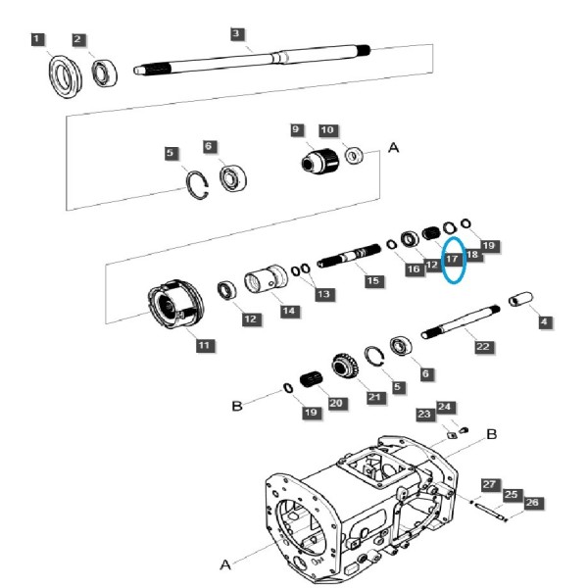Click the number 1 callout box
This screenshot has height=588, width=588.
click(x=37, y=39)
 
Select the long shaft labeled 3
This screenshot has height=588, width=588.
click(x=252, y=60)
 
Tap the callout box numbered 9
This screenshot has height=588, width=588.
click(x=296, y=129)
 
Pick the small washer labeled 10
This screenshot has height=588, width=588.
click(x=354, y=155)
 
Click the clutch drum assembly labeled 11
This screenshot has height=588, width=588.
click(x=175, y=303)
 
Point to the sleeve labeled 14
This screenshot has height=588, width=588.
click(x=266, y=279)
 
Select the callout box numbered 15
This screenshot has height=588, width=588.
click(x=373, y=281)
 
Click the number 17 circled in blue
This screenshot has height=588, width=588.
click(x=453, y=259)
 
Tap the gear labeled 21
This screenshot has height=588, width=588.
click(x=345, y=365)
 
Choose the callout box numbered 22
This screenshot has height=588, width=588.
click(x=483, y=347)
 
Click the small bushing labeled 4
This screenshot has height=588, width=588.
click(x=520, y=299)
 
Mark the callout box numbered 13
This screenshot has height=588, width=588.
click(x=323, y=294)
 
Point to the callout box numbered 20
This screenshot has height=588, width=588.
click(x=336, y=403)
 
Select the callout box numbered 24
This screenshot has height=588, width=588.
click(x=445, y=407)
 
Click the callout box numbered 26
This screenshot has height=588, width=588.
click(x=533, y=503)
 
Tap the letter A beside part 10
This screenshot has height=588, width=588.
click(x=393, y=148)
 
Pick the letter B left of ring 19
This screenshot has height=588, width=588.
click(x=237, y=406)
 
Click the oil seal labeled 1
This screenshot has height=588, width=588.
click(x=66, y=76)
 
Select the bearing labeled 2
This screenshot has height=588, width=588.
click(x=105, y=73)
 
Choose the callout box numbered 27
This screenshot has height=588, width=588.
click(x=490, y=485)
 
